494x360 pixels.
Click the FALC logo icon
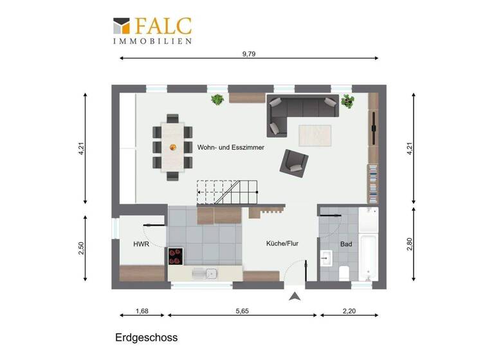[x=122, y=26]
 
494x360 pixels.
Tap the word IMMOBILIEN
[x=152, y=41]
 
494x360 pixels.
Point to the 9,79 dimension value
[x=249, y=54]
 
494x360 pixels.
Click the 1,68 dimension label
[x=142, y=311]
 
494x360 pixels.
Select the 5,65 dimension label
[x=242, y=311]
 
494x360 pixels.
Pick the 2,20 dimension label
[x=348, y=311]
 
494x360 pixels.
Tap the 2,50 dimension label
[x=82, y=248]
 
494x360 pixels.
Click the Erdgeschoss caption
[x=146, y=337]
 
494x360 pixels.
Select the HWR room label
[x=142, y=244]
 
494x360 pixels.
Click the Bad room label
[x=346, y=244]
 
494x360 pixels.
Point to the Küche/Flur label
[x=282, y=244]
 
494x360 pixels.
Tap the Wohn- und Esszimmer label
[x=231, y=147]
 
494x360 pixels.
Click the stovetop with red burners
[x=176, y=256]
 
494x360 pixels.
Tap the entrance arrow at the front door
[x=295, y=296]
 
